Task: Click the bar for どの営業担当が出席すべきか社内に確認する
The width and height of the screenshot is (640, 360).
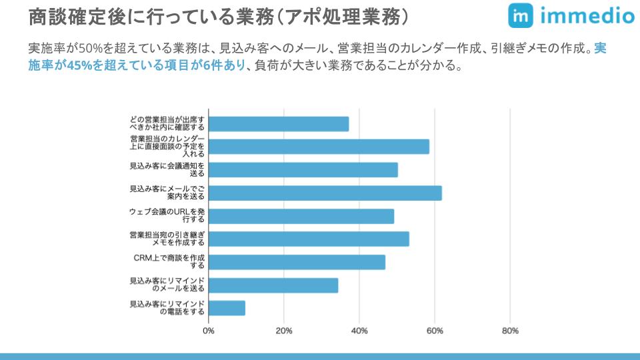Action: (x=279, y=124)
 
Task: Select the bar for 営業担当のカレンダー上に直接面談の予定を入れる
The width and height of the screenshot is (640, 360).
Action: (x=319, y=147)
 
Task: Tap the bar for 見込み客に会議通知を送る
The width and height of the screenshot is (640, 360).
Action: (x=303, y=170)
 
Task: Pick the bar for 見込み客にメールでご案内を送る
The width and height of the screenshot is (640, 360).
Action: (x=325, y=193)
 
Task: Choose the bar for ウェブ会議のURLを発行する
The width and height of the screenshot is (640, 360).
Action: (x=301, y=216)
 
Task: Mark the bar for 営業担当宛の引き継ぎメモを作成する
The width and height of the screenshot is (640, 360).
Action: (x=309, y=239)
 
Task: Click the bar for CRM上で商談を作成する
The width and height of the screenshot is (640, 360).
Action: (x=297, y=262)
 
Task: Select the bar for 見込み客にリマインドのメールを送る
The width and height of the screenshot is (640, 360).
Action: (x=273, y=285)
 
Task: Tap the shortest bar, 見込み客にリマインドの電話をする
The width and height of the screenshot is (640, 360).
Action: (x=227, y=308)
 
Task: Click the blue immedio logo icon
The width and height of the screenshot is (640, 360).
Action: (x=520, y=15)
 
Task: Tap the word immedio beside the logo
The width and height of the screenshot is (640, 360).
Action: (x=587, y=16)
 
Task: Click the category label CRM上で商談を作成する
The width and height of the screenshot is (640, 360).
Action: (x=169, y=262)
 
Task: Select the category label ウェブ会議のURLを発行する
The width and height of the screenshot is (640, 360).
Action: (x=167, y=216)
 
